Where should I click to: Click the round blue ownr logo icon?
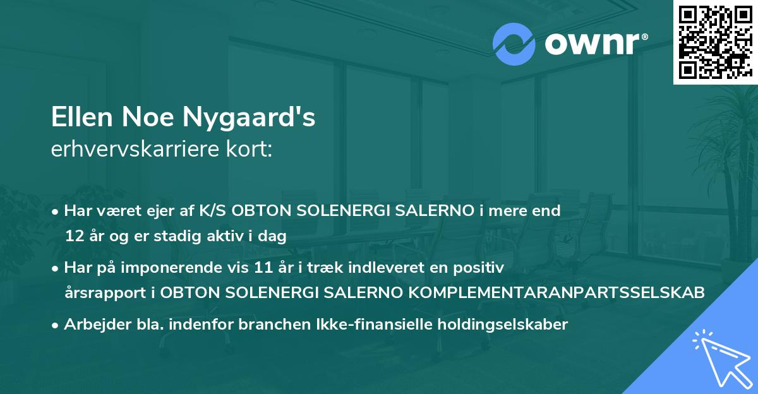coord(514,44)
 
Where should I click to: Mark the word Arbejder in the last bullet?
coord(92,325)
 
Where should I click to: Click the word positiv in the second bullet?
coord(481,268)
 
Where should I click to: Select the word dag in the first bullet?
coord(274,237)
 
